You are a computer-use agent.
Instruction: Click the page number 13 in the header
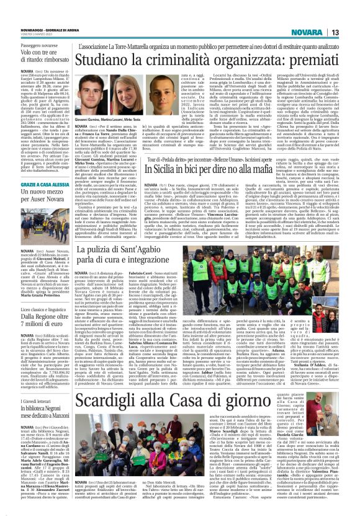[x=351, y=32]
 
